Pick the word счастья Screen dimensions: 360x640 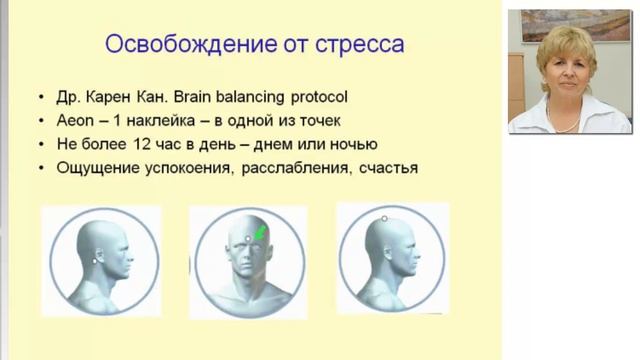(383, 168)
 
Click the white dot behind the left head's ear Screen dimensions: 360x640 (95, 260)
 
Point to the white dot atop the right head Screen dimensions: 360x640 (384, 218)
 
